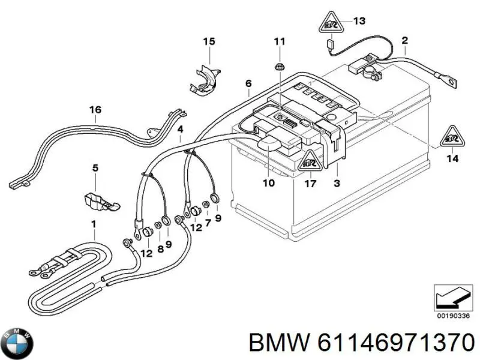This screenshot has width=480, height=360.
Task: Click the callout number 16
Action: pos(95,109)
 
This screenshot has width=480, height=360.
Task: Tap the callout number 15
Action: pos(208,41)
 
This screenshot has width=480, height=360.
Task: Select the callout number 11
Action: pos(280,41)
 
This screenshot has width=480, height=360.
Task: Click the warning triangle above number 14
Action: pos(453,138)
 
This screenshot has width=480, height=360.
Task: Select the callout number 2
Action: pos(404,41)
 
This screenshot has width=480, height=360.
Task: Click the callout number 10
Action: pos(269,182)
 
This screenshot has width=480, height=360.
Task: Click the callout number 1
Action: pos(94,224)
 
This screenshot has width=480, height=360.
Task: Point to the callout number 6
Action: pos(248,84)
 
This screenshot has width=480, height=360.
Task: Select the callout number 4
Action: pos(181,129)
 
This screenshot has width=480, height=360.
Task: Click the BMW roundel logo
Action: pos(17,344)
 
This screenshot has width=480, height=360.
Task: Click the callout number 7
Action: pos(208,223)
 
